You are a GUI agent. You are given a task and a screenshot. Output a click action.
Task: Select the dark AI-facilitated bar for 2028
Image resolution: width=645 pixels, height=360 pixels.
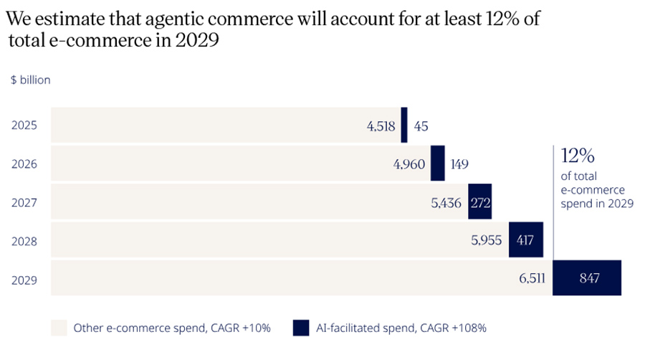pos(525,240)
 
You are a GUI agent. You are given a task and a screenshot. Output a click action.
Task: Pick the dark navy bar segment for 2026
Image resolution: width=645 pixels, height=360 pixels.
pos(437,164)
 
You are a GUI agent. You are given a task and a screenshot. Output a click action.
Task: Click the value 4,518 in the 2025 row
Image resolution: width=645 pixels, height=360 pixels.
pos(381,126)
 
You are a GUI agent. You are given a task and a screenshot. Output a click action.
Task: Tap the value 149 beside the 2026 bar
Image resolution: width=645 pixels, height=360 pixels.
pos(459,164)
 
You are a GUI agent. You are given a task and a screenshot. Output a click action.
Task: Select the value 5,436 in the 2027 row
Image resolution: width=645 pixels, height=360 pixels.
pos(446,203)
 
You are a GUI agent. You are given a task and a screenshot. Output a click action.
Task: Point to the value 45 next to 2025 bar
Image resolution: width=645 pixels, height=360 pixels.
pos(421,126)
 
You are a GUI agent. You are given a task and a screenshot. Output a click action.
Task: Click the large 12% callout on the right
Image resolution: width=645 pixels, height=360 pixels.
pos(578,156)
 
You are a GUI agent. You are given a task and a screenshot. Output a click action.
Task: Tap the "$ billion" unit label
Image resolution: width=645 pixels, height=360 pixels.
pos(31,80)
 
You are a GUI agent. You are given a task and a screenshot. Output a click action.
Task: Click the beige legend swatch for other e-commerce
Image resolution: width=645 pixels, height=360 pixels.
pos(59,328)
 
